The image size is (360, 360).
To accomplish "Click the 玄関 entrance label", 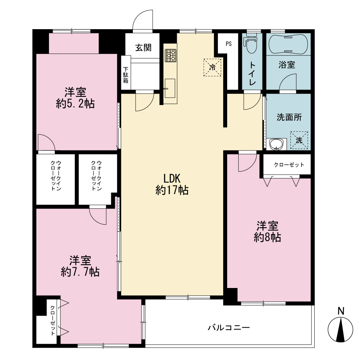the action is (143, 48).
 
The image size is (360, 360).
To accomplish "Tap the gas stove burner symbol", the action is (171, 55).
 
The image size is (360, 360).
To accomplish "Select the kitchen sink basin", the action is (170, 89).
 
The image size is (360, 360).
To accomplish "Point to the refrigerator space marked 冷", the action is (212, 67).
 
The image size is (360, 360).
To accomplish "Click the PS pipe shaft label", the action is (229, 44).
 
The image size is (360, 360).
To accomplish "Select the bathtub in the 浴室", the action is (288, 44).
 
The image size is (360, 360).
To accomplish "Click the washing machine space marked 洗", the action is (299, 140).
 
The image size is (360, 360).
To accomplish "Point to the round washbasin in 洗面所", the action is (276, 144).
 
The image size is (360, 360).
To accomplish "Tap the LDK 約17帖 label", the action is (172, 184).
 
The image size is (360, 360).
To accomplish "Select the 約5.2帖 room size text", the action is (75, 104).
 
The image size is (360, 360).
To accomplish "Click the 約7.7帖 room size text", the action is (80, 272).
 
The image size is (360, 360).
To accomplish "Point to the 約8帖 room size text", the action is (267, 237).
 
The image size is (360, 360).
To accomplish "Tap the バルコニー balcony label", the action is (229, 327).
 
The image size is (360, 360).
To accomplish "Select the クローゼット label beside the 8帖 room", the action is (289, 165).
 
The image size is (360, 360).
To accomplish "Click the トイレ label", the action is (252, 73).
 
